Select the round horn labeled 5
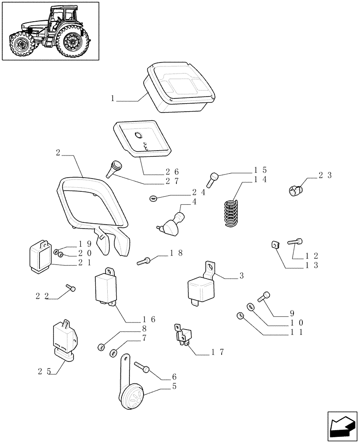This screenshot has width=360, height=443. tap(132, 395)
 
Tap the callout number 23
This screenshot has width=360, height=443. tap(325, 175)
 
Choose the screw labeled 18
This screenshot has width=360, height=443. tap(145, 261)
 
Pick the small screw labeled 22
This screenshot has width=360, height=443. tap(71, 288)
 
